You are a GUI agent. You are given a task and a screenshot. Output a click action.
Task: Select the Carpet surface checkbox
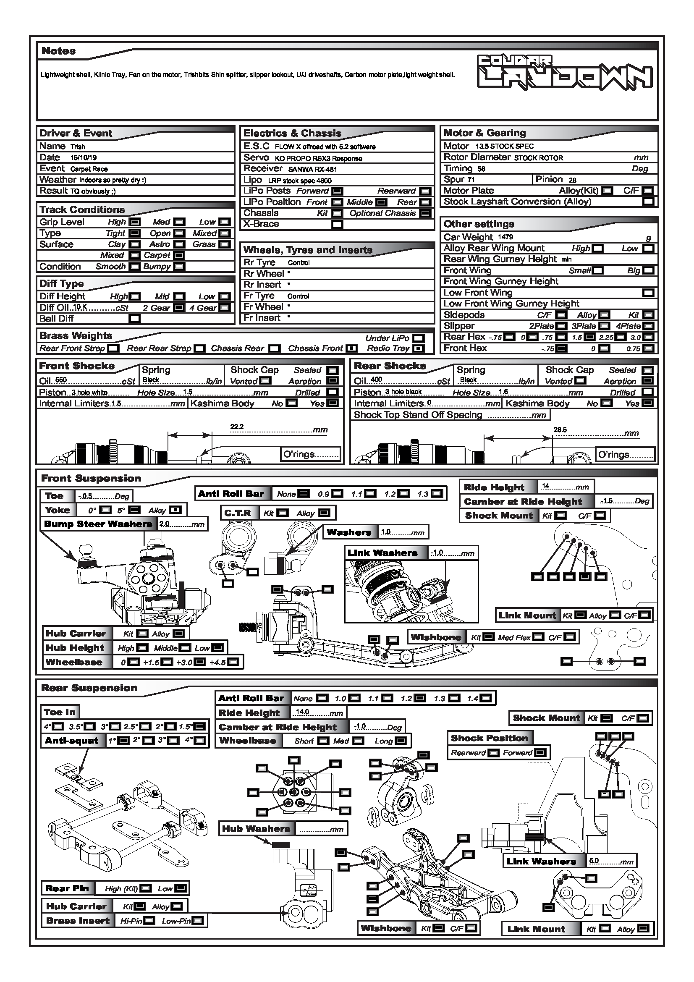click(180, 255)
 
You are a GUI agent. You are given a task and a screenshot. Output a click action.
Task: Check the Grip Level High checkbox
click(135, 222)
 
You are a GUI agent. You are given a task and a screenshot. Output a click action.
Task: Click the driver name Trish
click(78, 147)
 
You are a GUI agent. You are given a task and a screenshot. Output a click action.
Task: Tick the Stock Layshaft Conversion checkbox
click(648, 202)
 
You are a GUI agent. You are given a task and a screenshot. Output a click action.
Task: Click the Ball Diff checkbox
click(135, 319)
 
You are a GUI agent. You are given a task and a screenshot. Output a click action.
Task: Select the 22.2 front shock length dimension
click(236, 427)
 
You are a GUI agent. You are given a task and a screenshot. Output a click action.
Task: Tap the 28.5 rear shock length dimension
click(560, 430)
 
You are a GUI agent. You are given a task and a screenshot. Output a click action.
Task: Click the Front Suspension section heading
click(91, 479)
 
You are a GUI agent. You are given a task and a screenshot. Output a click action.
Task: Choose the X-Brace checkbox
click(337, 224)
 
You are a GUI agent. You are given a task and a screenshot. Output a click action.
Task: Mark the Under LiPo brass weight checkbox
click(419, 338)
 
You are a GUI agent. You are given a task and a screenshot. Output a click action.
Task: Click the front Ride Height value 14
click(545, 486)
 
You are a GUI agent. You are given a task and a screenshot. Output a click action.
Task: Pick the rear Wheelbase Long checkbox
click(401, 741)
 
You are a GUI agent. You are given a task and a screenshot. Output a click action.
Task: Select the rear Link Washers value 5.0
click(594, 861)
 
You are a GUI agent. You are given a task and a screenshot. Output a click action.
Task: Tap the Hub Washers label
click(256, 829)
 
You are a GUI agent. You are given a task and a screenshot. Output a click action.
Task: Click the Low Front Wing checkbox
click(648, 293)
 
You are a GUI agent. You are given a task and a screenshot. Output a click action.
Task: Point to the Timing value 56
click(481, 169)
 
